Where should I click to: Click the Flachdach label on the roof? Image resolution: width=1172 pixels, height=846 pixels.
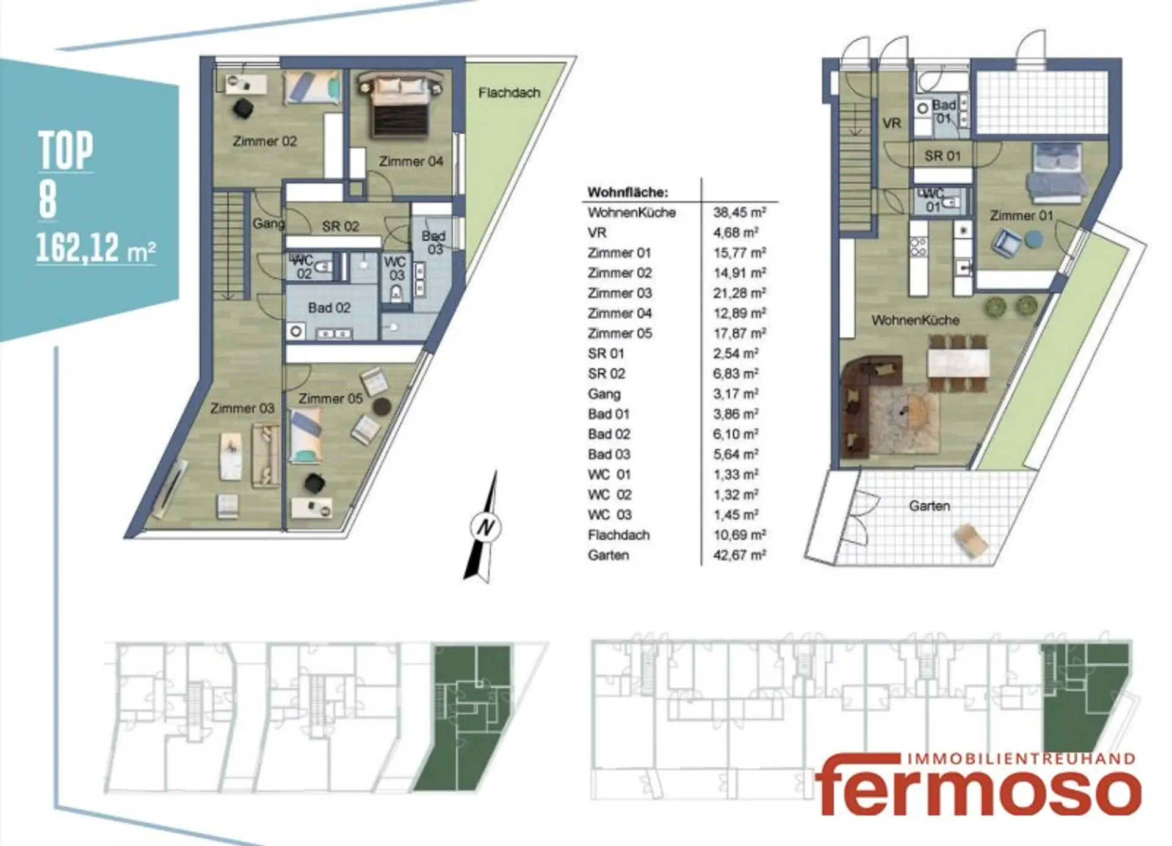[x=509, y=93]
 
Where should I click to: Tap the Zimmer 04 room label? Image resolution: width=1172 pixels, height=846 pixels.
[x=411, y=161]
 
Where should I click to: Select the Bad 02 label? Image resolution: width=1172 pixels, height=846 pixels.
[x=329, y=308]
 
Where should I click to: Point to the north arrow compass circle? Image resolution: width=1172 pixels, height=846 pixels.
[x=486, y=527]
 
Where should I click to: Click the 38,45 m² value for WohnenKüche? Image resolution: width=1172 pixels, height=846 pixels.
[x=739, y=213]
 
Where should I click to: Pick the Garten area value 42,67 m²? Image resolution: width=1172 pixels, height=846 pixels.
[x=739, y=555]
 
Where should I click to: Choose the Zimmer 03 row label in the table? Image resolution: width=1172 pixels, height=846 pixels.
[x=620, y=293]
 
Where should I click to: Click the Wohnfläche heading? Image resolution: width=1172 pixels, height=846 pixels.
[x=628, y=192]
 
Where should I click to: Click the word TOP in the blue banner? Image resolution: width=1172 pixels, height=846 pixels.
[x=66, y=150]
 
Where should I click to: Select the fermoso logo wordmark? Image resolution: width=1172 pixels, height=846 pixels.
[x=977, y=788]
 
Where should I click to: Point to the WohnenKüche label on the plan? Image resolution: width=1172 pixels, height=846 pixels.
[x=915, y=320]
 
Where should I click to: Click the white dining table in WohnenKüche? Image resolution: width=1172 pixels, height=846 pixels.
[x=958, y=363]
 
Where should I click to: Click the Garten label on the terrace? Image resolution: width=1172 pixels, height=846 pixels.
[x=929, y=506]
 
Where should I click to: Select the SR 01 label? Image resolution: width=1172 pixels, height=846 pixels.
[x=942, y=156]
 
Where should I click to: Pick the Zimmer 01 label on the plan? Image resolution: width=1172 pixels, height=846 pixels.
[x=1021, y=216]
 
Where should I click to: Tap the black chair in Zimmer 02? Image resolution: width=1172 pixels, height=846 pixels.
[x=243, y=109]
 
